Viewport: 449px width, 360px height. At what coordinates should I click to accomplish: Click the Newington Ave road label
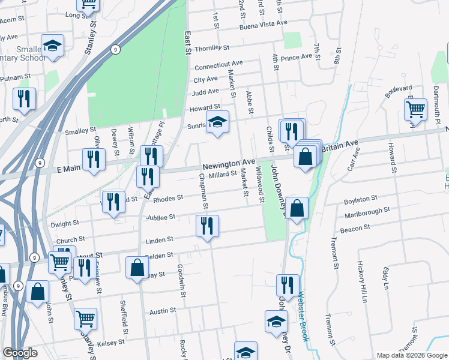click(229, 163)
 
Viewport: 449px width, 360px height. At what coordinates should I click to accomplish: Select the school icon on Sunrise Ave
click(217, 122)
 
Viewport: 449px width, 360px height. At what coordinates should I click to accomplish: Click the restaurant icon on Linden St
click(207, 226)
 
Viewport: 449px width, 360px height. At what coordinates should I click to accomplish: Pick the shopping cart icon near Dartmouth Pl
click(415, 110)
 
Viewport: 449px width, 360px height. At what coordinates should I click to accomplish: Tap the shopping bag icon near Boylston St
click(297, 208)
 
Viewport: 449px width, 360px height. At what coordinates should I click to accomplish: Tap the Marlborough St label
click(367, 213)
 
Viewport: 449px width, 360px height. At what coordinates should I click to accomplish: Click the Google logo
click(20, 353)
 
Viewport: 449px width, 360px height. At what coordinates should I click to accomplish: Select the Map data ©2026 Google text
click(411, 355)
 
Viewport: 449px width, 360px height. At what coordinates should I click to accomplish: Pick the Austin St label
click(162, 312)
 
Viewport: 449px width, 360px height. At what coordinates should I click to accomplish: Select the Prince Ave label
click(297, 57)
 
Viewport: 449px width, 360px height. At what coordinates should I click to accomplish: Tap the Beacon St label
click(355, 229)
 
